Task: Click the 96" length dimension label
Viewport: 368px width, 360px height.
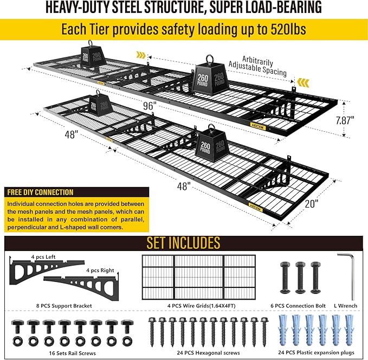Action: (x=150, y=106)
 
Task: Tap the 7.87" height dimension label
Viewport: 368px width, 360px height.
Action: (x=345, y=120)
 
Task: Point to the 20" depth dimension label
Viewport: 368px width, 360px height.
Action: (x=312, y=203)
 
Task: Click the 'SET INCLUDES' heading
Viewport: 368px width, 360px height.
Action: (x=183, y=243)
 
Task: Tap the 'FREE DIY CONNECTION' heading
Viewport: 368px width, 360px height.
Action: (x=40, y=192)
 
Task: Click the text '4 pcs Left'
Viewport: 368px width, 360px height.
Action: (x=43, y=257)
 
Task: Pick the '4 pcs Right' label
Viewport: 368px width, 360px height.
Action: (x=100, y=271)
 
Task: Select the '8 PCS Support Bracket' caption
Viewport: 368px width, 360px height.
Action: (x=64, y=306)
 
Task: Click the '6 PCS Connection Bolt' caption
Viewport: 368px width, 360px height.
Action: (x=298, y=306)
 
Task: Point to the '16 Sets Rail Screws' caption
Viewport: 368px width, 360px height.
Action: (x=72, y=353)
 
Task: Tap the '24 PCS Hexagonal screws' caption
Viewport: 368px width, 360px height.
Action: (x=209, y=353)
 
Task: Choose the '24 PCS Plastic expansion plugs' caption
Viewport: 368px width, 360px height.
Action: (x=316, y=352)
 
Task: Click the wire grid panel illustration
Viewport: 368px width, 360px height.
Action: (x=199, y=278)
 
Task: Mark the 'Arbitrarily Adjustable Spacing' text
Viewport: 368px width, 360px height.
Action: (x=257, y=66)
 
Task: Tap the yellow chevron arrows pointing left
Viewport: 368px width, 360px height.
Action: (x=303, y=82)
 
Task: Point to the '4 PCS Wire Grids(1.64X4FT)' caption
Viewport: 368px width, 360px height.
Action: (x=202, y=306)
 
